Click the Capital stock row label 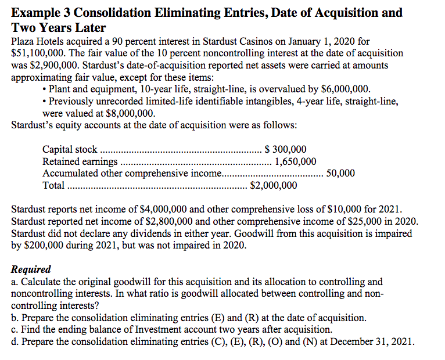70,150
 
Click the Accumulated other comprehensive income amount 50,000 341,174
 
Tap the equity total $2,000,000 273,186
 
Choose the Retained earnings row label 80,161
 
